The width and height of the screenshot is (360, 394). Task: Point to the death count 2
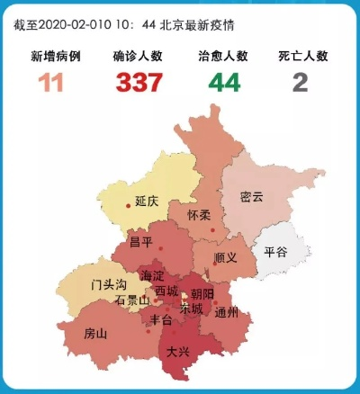(x=300, y=83)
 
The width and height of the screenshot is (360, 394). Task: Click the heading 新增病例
(x=56, y=56)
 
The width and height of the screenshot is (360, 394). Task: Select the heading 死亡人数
(x=301, y=56)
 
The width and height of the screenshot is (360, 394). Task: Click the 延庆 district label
(x=147, y=202)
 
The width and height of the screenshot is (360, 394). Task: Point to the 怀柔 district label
(x=199, y=216)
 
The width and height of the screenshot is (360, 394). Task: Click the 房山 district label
(x=95, y=334)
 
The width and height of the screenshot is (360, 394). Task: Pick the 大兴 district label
(x=178, y=353)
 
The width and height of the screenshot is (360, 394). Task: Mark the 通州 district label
(x=228, y=313)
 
